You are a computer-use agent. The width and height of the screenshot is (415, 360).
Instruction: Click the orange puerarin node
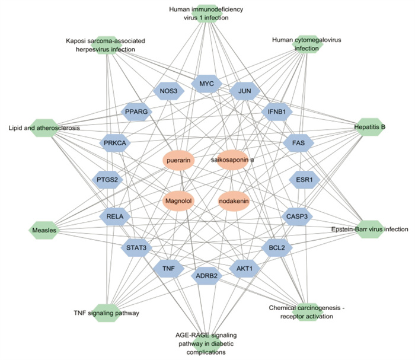tap(178, 160)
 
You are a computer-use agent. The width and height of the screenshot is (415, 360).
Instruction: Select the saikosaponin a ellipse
tap(232, 160)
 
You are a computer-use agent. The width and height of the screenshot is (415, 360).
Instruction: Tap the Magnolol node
tap(178, 201)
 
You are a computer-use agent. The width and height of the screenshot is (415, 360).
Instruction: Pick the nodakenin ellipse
tap(234, 201)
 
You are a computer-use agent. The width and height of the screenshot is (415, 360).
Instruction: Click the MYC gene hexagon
tap(206, 84)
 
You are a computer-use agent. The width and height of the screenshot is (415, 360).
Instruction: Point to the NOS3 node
tap(168, 91)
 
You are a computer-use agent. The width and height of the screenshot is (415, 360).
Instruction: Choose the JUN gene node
tap(244, 91)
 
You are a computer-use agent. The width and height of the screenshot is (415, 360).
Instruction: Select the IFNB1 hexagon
tap(277, 111)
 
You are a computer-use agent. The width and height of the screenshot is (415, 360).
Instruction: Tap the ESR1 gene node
tap(304, 180)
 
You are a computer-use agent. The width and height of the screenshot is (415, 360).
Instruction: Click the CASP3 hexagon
tap(297, 216)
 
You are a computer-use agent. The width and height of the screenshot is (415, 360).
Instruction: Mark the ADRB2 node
tap(206, 276)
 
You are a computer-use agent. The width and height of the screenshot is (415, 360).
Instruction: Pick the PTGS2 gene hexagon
tap(107, 180)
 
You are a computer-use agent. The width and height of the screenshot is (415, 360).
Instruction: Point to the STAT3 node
tap(136, 248)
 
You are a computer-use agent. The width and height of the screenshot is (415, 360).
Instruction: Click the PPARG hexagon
tap(136, 111)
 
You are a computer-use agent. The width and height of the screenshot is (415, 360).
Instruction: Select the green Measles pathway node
tap(44, 230)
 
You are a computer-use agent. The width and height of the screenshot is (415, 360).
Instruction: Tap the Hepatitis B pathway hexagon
tap(370, 127)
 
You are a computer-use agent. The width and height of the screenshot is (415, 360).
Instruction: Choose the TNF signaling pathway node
tap(106, 313)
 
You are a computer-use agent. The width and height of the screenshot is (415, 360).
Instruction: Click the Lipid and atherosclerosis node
tap(44, 128)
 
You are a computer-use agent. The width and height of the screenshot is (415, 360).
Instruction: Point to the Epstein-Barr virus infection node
tap(370, 230)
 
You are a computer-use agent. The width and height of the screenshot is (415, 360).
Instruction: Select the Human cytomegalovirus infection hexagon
tap(307, 44)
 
